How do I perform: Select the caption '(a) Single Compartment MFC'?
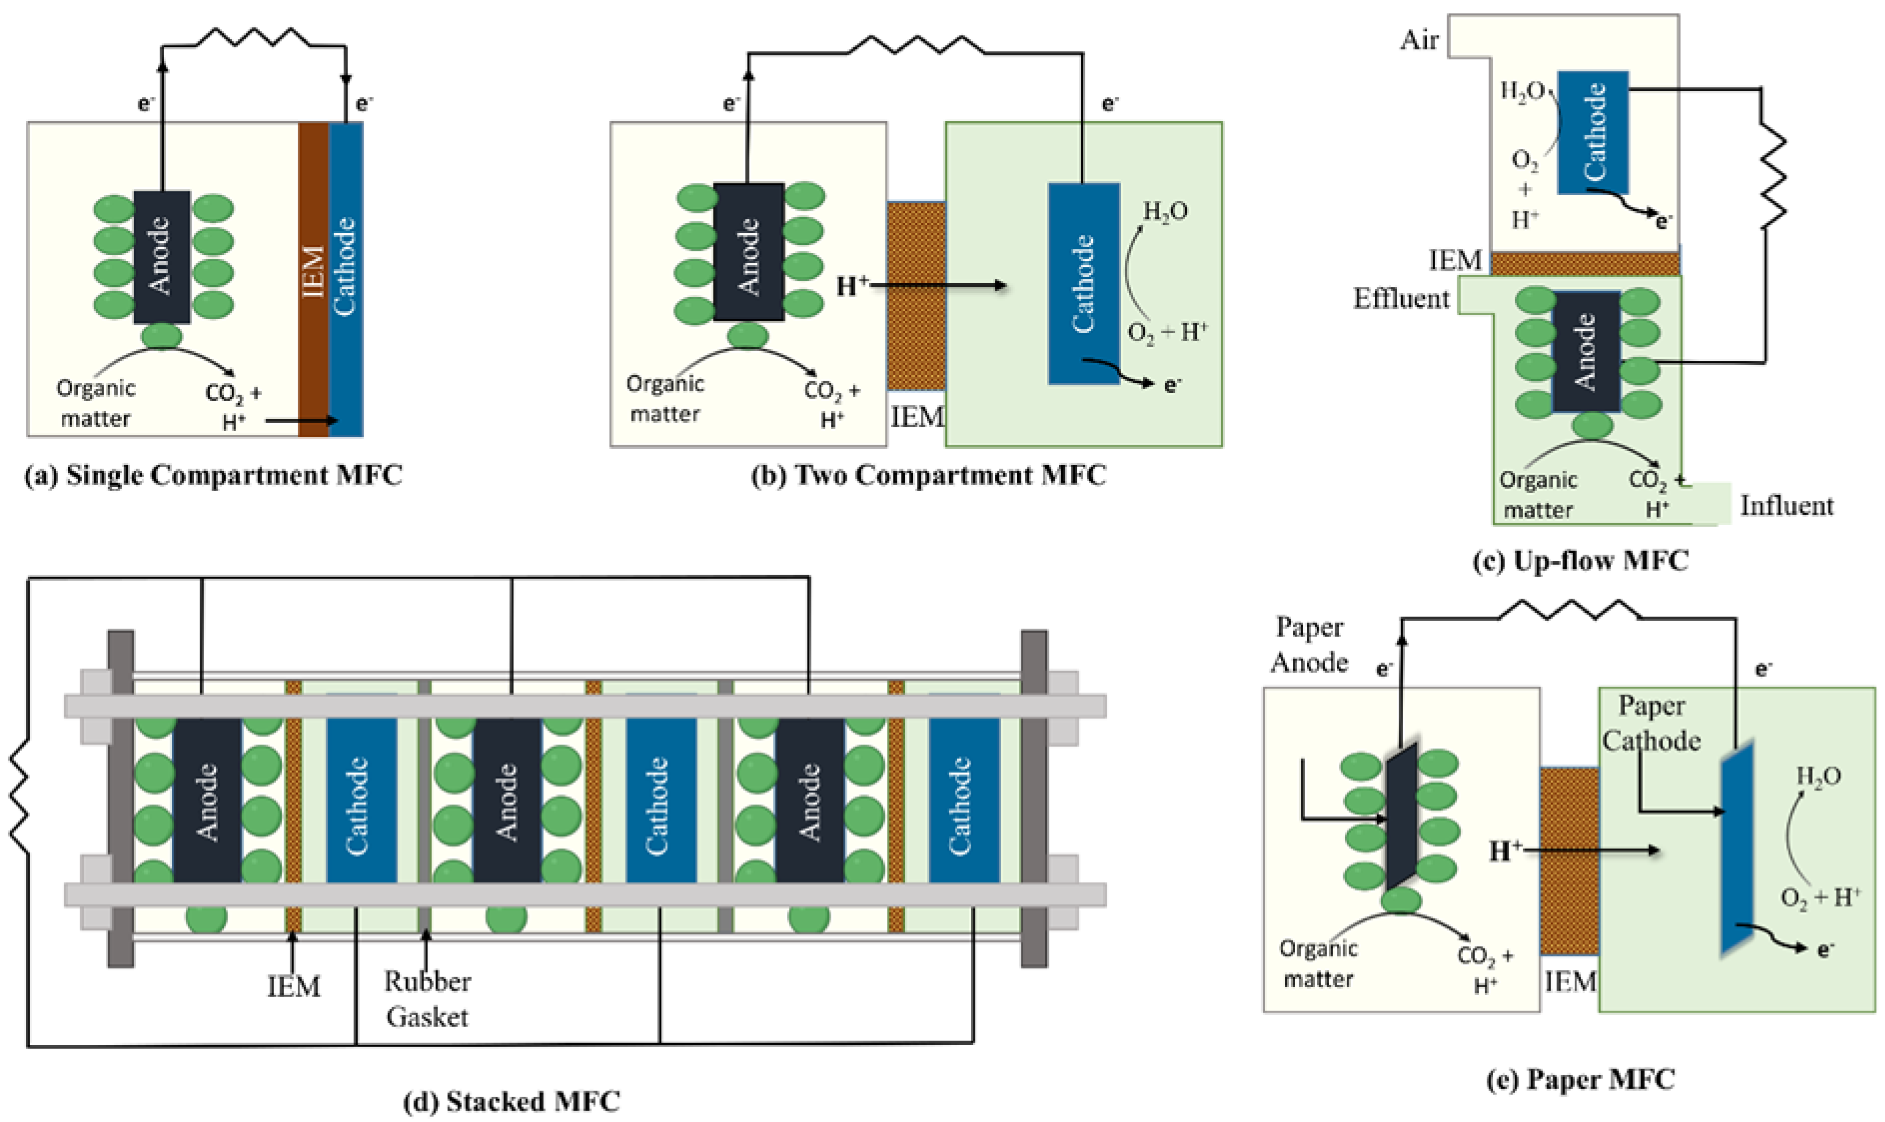213,476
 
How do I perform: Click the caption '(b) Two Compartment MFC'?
929,476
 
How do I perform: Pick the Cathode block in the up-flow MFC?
1593,132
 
